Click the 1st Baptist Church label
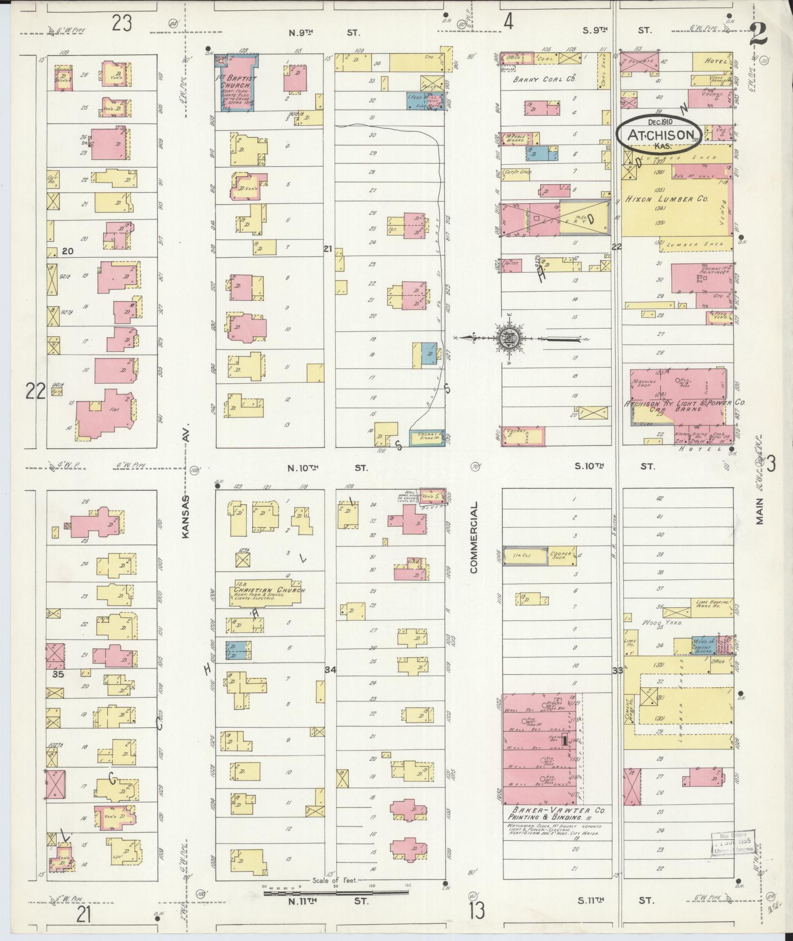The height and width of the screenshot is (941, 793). pos(237,82)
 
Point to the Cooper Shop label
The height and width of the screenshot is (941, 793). pos(560,556)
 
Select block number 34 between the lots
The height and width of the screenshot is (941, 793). pos(330,670)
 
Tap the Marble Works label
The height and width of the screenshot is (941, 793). pos(511,139)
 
